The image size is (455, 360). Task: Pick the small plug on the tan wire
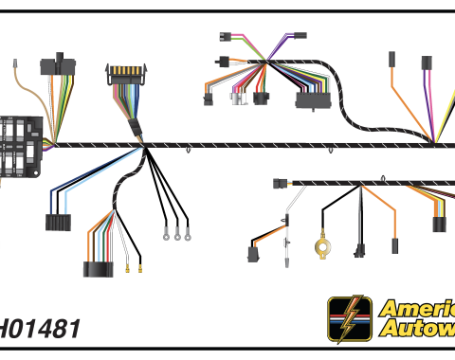17,65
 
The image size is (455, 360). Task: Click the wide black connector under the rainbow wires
312,100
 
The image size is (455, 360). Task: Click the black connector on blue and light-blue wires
59,224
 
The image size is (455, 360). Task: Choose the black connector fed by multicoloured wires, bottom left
97,268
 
